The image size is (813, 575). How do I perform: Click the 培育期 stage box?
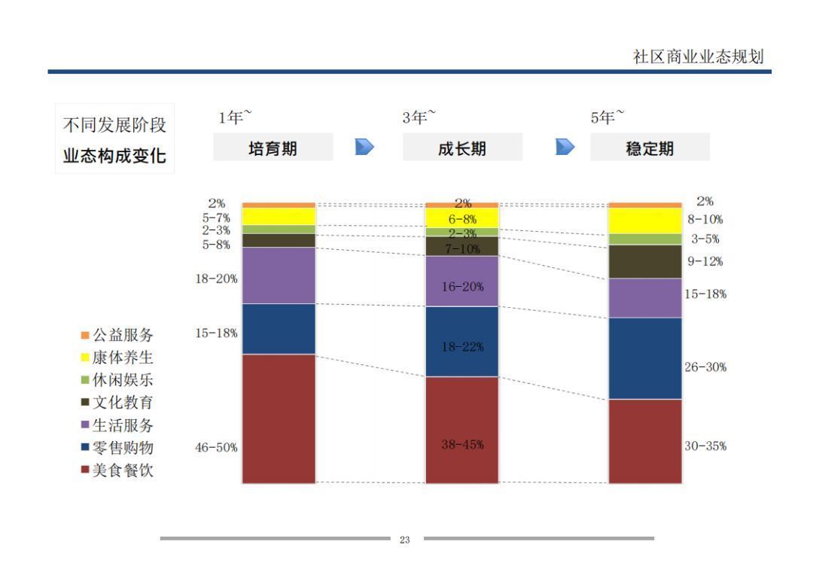point(273,148)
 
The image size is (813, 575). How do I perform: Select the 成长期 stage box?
point(462,148)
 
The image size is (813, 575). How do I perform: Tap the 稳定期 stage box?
point(650,148)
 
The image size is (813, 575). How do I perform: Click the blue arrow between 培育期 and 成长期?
point(365,146)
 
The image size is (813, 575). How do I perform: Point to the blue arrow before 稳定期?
point(565,146)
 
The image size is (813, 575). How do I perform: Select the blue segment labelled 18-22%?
point(462,340)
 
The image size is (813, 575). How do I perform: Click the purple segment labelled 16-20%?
point(462,280)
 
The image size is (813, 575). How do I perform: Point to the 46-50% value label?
point(216,447)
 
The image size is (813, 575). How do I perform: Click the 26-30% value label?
point(705,367)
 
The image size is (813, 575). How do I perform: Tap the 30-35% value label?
point(705,446)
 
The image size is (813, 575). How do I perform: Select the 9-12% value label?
point(705,262)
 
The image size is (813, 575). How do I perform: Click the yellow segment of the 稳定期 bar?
point(645,221)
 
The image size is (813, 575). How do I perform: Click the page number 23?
point(405,540)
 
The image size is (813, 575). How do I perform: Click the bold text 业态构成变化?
point(114,157)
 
